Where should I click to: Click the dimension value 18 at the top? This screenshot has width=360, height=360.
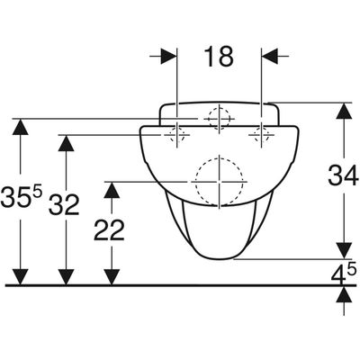tap(219, 57)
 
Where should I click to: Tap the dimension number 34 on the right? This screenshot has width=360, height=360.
tap(343, 175)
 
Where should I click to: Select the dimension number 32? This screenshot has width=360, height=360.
tap(64, 204)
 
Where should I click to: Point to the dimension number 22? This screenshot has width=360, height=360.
tap(109, 230)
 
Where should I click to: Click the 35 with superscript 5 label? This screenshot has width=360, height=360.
tap(21, 196)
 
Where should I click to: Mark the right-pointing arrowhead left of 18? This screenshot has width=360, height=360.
tap(168, 56)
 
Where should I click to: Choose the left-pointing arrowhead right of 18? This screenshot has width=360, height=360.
tap(270, 56)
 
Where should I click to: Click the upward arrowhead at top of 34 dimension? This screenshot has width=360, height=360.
tap(344, 111)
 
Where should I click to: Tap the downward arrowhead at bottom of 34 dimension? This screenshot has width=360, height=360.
tap(344, 250)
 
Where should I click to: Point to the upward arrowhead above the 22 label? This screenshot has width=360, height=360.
tap(112, 190)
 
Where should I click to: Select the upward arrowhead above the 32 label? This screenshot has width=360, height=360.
tap(66, 143)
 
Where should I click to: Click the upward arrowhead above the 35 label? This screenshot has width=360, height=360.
tap(21, 127)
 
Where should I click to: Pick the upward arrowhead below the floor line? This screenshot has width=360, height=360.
tap(344, 294)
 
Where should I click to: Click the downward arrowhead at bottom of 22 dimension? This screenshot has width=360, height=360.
tap(112, 276)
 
